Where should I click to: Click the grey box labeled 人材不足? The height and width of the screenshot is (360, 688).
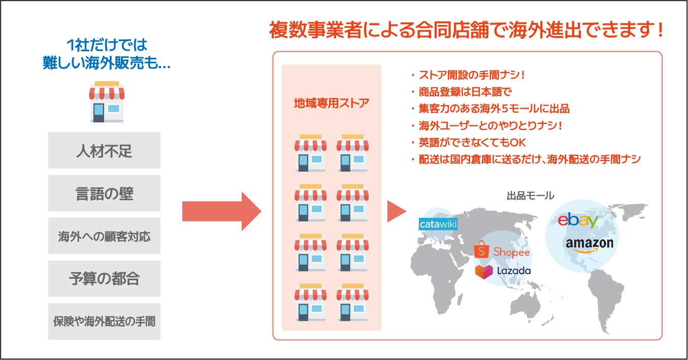tap(104, 151)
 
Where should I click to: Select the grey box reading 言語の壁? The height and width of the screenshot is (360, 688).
tap(104, 193)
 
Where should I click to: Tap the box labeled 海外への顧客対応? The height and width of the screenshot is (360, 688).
tap(104, 236)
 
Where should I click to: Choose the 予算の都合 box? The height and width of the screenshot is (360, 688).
tap(104, 279)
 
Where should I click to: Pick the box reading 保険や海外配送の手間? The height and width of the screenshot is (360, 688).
tap(104, 321)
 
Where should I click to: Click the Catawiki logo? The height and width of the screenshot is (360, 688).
tap(438, 223)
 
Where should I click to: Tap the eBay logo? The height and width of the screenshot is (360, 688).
tap(578, 220)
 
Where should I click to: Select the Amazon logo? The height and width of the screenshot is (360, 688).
tap(589, 244)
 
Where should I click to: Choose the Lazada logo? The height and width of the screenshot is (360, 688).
tap(503, 271)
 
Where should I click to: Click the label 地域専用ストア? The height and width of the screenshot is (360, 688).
tap(331, 103)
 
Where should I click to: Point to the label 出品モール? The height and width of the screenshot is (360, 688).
tap(530, 195)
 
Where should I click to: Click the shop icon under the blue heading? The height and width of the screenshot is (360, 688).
tap(107, 102)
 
